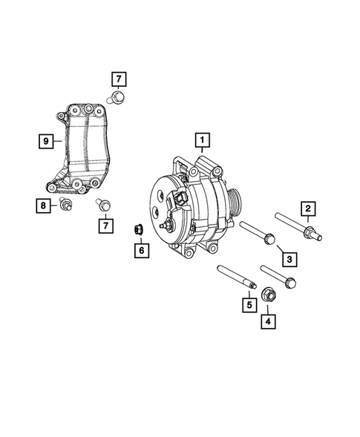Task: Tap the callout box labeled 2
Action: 307,208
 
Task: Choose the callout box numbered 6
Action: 138,251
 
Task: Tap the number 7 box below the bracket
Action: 107,223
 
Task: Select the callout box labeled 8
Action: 45,139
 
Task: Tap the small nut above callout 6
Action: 137,228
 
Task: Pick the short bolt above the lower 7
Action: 105,202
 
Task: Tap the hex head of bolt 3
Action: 270,240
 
